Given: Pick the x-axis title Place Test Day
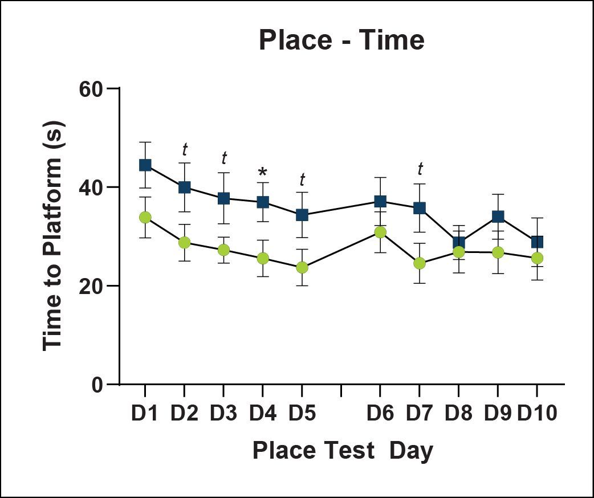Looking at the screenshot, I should pos(343,451).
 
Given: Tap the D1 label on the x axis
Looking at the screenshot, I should pos(145,414).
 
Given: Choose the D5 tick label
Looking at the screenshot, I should pos(302,414).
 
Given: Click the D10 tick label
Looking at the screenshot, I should pos(537,414).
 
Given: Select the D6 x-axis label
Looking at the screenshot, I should pos(380,414).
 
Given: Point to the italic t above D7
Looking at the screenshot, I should pos(420,169).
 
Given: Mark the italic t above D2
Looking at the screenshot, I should pos(185,150).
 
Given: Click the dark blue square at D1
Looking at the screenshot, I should pos(145,165).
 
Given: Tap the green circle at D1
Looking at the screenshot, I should pos(145,217).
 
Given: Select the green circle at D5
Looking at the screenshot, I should pos(302,267).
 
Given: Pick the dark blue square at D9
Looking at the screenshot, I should pos(498,217).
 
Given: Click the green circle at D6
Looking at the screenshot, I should pos(380,232).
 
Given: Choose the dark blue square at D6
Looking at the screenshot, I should pos(380,201).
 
